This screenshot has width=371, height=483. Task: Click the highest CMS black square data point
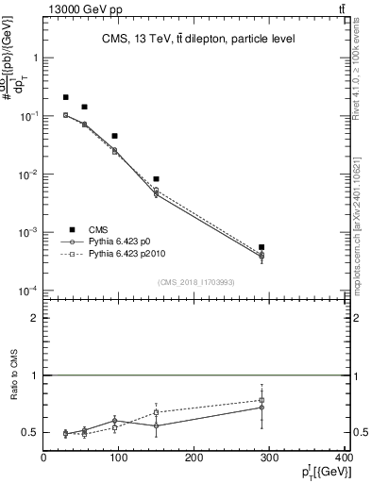pos(66,97)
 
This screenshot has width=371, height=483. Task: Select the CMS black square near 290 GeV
pos(261,247)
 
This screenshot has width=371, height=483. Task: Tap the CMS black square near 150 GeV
pos(157,179)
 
